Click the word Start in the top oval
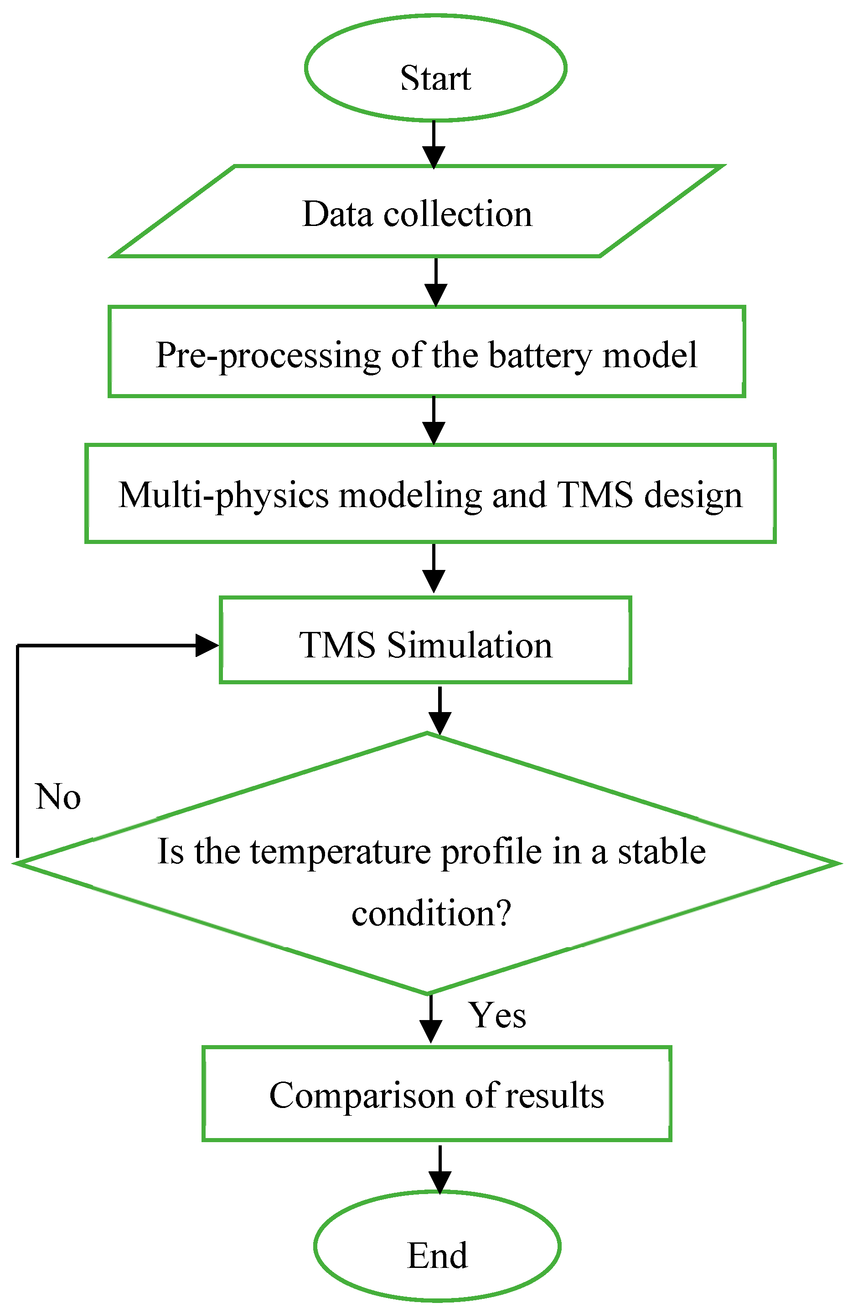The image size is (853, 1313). pyautogui.click(x=435, y=78)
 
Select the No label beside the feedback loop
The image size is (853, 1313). pyautogui.click(x=58, y=797)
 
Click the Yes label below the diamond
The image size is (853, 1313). pyautogui.click(x=497, y=1015)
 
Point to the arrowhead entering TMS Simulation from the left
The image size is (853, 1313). pyautogui.click(x=207, y=645)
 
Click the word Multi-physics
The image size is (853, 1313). pyautogui.click(x=223, y=495)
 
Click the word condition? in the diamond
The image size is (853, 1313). pyautogui.click(x=432, y=913)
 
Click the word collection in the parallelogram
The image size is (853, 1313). pyautogui.click(x=458, y=214)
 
